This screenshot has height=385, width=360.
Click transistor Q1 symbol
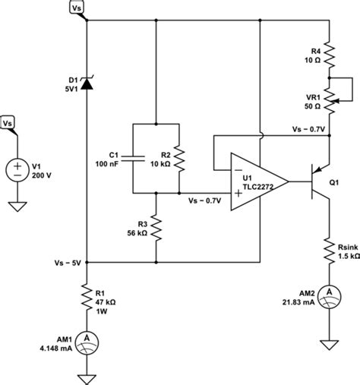(320, 181)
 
